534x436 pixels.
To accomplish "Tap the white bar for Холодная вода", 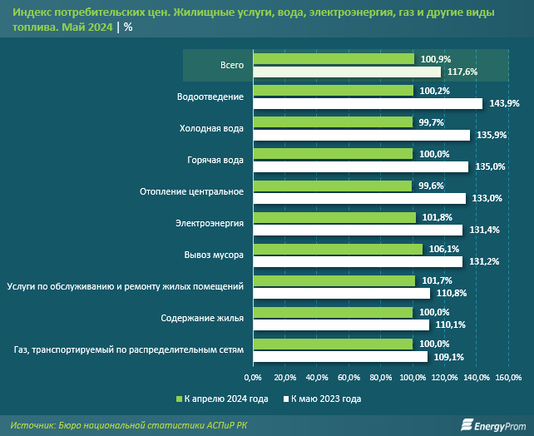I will pyautogui.click(x=362, y=135).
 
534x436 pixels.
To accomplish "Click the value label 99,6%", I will pyautogui.click(x=430, y=186).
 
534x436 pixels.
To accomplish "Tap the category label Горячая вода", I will pyautogui.click(x=211, y=160).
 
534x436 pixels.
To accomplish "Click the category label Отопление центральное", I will pyautogui.click(x=191, y=191).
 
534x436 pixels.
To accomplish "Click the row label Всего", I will pyautogui.click(x=232, y=65).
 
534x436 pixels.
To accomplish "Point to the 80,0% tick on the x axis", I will pyautogui.click(x=381, y=378).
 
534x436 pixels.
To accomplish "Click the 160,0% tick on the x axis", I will pyautogui.click(x=508, y=378).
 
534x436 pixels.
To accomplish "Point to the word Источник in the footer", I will pyautogui.click(x=34, y=424).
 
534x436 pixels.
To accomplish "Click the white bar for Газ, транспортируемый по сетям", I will pyautogui.click(x=340, y=356).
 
